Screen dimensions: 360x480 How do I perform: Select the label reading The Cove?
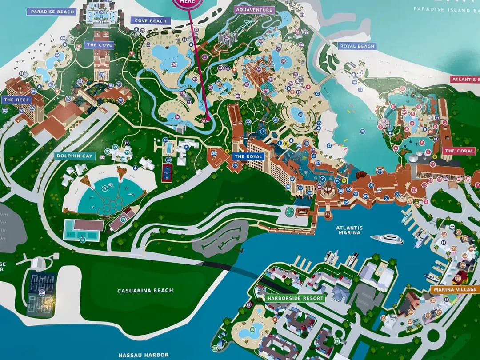click(x=100, y=45)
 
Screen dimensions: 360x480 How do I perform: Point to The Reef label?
click(x=16, y=100)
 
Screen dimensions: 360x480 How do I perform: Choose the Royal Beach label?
click(x=357, y=46)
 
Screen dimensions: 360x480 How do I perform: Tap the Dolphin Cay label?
click(x=75, y=156)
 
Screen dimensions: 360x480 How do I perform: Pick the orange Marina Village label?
click(x=455, y=290)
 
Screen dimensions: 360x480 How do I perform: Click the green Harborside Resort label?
click(x=295, y=298)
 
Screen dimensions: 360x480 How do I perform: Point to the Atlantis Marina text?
click(x=349, y=230)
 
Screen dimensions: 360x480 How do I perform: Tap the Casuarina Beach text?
click(x=145, y=291)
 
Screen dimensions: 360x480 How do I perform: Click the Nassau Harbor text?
click(x=143, y=355)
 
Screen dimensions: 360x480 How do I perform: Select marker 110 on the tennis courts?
click(x=42, y=293)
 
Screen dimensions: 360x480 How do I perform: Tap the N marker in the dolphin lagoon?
click(x=105, y=188)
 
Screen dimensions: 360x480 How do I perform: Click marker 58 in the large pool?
click(x=174, y=64)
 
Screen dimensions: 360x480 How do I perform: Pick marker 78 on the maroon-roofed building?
click(x=123, y=219)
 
